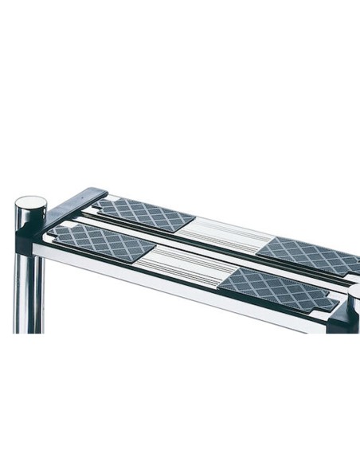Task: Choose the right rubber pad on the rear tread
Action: (x=307, y=253)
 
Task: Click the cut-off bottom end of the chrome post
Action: (x=29, y=330)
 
